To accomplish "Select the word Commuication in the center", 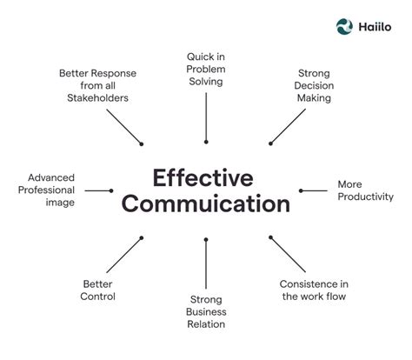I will tap(206, 205).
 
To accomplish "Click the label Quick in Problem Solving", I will tap(205, 69).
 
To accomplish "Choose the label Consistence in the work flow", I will tap(316, 290).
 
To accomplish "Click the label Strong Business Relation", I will tap(206, 311).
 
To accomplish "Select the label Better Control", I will tap(98, 290).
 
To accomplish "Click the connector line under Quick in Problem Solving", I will tap(206, 117).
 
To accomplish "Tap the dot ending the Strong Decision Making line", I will tap(270, 143).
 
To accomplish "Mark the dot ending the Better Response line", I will tap(142, 143).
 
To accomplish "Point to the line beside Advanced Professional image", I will tap(99, 190).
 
